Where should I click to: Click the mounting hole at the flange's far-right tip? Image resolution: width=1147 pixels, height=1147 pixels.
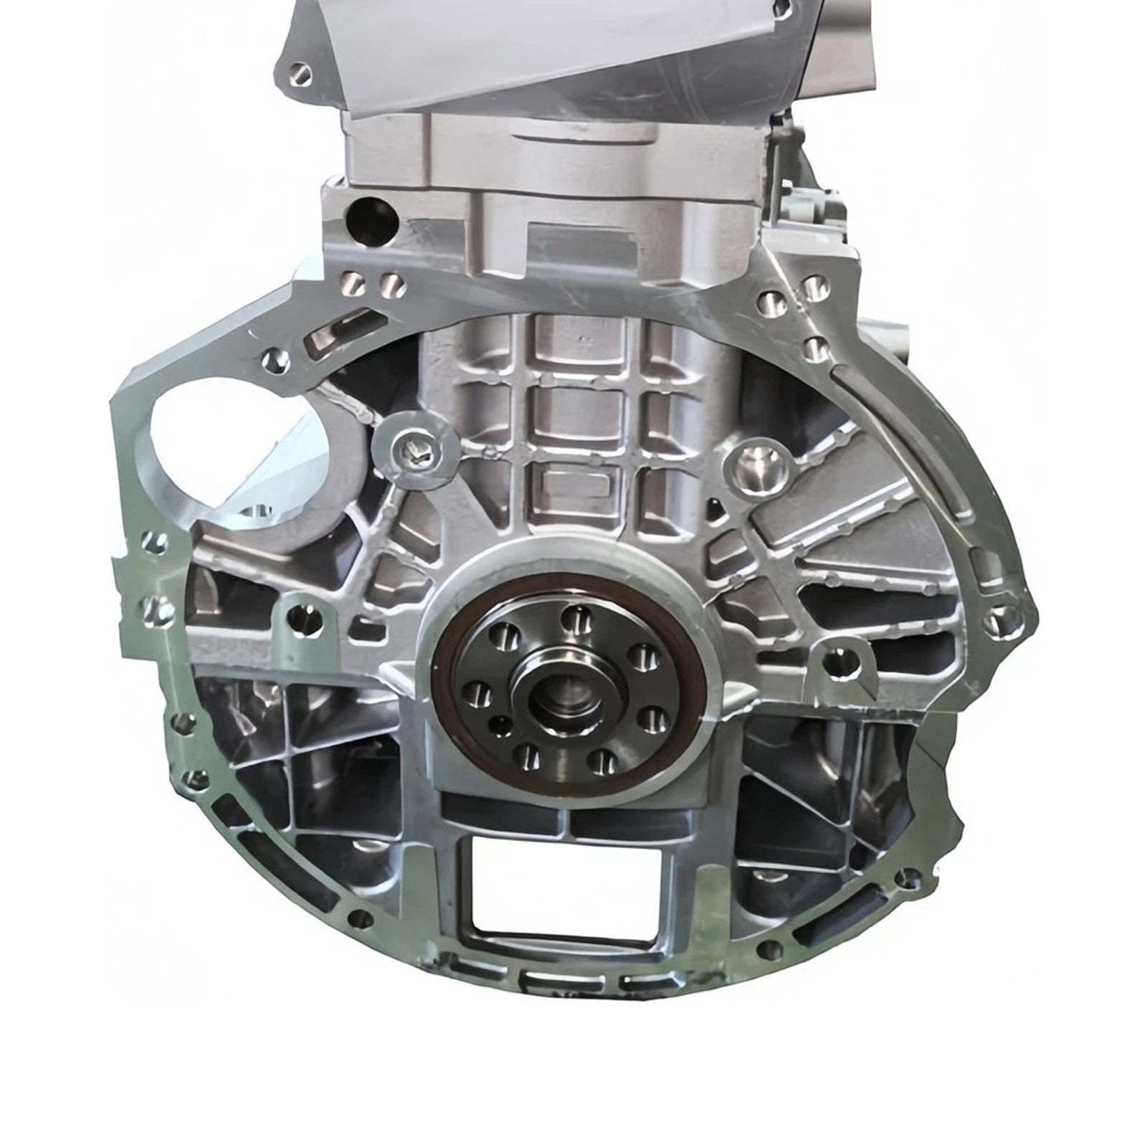995,618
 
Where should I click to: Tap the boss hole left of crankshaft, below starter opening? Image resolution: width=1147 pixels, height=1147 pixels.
296,614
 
